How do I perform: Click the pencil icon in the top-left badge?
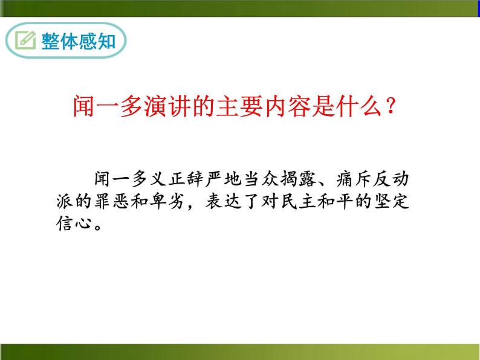tap(25, 40)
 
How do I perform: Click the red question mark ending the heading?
tap(391, 108)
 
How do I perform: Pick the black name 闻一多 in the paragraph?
tap(123, 179)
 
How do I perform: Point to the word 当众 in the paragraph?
tap(267, 179)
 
